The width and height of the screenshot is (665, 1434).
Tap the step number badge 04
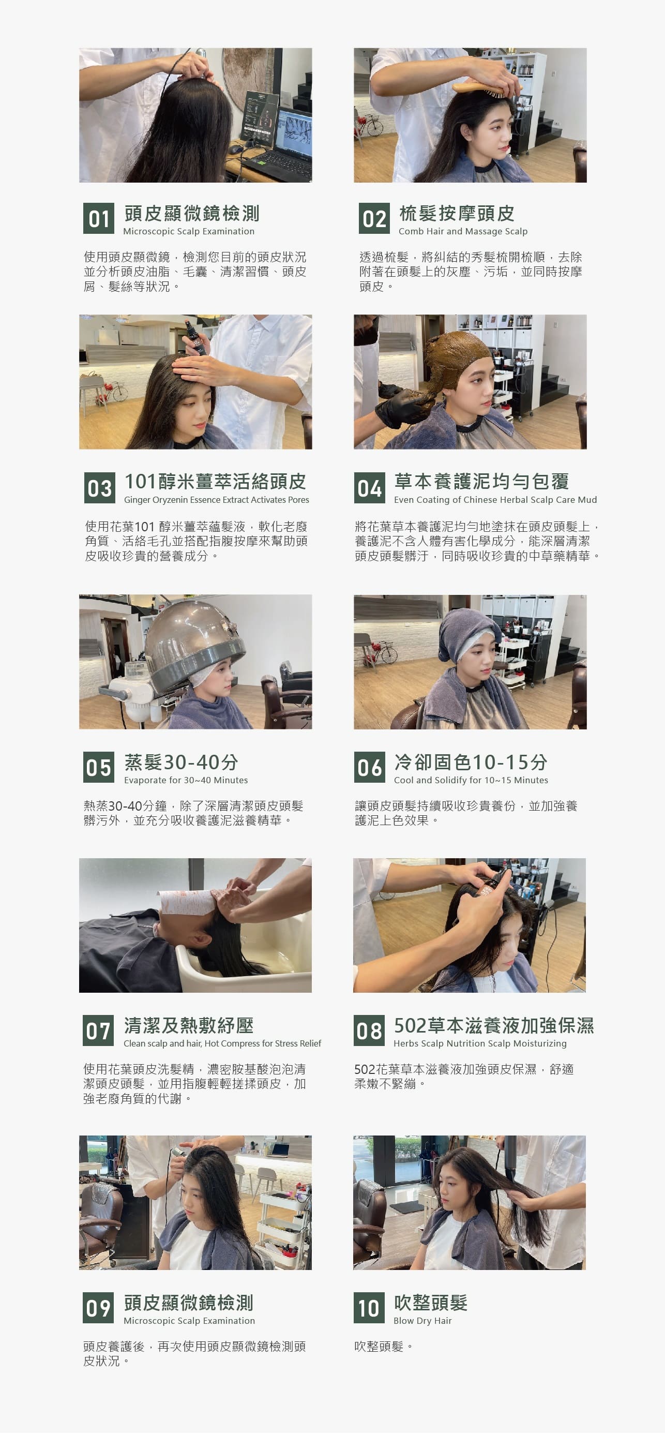tap(370, 488)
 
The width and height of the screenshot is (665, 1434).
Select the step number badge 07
tap(98, 1030)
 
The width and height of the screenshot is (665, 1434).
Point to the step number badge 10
tap(369, 1308)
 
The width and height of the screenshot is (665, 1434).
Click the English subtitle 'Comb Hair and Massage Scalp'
tap(463, 231)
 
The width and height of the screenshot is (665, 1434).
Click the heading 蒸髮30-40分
tap(182, 761)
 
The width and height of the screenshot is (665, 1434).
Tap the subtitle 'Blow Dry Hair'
tap(422, 1320)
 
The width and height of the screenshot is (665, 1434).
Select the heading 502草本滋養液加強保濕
tap(494, 1025)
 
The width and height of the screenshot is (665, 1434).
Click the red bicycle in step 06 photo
tap(381, 653)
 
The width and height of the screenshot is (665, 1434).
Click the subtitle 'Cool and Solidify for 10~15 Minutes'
tap(471, 780)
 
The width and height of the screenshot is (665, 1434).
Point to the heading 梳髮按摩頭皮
tap(457, 213)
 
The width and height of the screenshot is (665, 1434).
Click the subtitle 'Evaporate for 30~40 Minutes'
tap(186, 780)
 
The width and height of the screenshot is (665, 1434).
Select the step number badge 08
tap(369, 1030)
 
